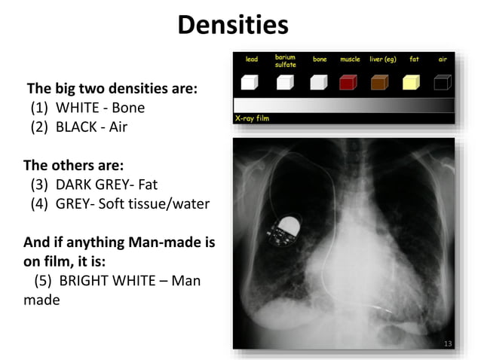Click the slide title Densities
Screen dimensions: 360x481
(233, 26)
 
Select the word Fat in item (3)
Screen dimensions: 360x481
(146, 185)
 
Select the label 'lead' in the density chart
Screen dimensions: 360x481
(252, 59)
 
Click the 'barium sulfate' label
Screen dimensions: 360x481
(285, 61)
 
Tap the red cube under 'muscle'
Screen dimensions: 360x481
(349, 83)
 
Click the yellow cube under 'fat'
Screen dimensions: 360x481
(412, 83)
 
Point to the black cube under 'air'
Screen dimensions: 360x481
(443, 83)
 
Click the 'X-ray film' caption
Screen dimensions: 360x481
(252, 118)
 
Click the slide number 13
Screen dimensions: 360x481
(447, 344)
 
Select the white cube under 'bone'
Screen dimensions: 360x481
(317, 83)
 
